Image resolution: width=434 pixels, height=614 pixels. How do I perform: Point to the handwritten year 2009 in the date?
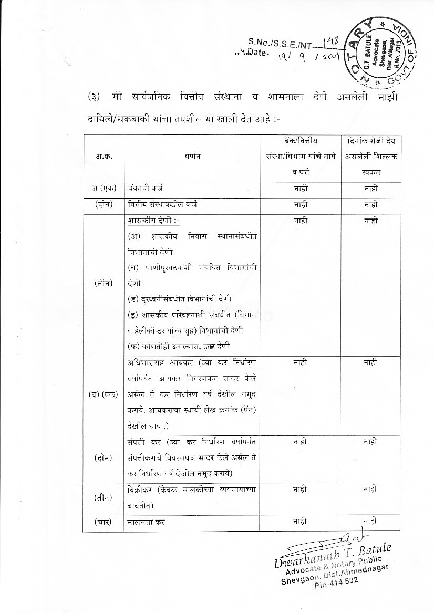click(330, 56)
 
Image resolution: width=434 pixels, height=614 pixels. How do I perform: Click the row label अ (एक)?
click(104, 188)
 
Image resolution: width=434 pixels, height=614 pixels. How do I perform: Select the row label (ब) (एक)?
click(104, 394)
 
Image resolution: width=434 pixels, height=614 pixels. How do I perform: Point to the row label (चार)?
click(104, 522)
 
